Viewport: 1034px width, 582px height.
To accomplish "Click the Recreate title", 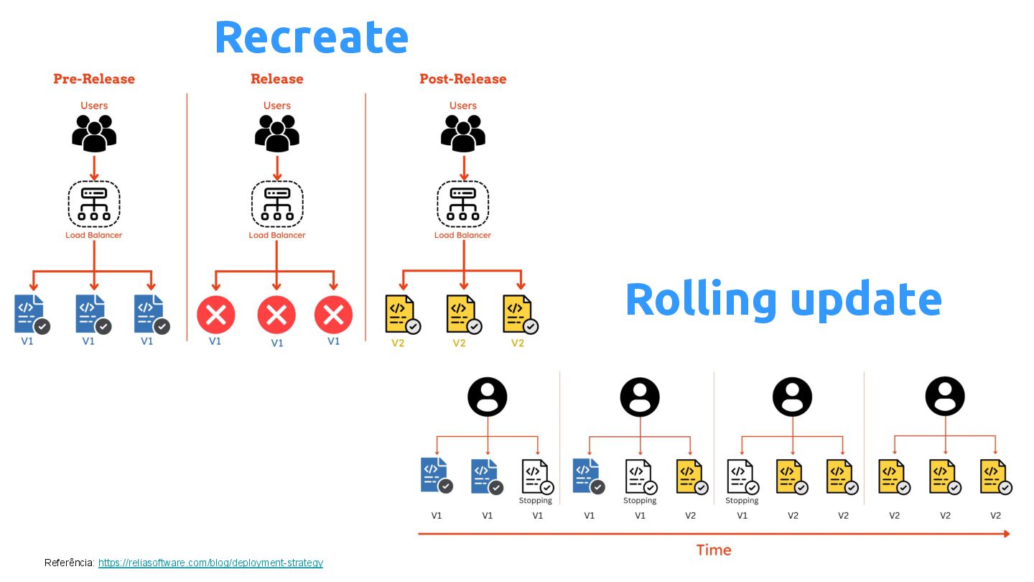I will (311, 37).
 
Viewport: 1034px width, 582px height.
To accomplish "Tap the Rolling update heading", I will (783, 299).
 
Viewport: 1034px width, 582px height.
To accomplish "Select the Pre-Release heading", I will (94, 79).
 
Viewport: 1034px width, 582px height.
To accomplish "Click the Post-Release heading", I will (463, 79).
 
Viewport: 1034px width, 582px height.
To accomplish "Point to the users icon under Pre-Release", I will (94, 133).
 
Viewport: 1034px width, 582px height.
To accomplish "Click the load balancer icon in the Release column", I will (277, 203).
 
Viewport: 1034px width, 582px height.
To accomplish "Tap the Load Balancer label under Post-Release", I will (463, 235).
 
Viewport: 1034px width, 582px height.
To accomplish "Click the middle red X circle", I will (276, 315).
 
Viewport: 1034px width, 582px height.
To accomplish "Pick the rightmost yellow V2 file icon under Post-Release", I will (519, 315).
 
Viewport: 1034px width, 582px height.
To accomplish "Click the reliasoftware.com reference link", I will (210, 563).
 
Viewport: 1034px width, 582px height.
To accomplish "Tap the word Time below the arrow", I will (714, 550).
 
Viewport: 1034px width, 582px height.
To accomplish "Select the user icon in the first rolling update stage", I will (488, 397).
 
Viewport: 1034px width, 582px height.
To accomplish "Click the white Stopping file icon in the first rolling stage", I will (535, 476).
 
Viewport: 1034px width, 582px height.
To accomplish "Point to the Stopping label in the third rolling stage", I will (742, 501).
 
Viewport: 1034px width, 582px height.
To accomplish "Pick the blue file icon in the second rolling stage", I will (587, 476).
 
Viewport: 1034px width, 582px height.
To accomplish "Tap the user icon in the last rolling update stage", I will (945, 397).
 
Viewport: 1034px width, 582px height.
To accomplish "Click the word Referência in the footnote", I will (70, 563).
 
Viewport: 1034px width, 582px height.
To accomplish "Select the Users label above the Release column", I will (277, 106).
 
